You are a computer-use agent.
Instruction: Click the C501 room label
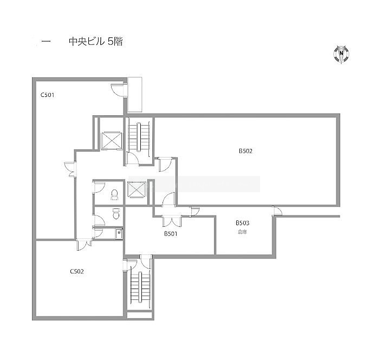pos(47,95)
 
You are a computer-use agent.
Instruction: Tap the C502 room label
pos(77,271)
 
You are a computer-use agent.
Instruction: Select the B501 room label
pos(171,234)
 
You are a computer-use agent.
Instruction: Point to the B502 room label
pos(245,151)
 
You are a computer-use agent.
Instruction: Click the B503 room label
pos(243,223)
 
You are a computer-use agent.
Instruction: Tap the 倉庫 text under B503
pos(242,232)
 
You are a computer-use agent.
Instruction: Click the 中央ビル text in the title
pos(87,42)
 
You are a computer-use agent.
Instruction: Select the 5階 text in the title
pos(115,42)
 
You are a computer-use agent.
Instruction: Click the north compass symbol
pos(341,54)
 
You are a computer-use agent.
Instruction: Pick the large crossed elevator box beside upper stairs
pos(112,140)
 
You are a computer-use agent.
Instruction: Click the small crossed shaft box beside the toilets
pos(137,189)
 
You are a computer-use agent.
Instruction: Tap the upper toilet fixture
pos(114,195)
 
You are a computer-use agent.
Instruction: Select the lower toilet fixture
pos(116,213)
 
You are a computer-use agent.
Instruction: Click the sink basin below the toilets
pos(119,234)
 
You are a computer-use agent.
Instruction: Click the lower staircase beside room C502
pos(140,287)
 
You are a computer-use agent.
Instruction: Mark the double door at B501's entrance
pos(172,221)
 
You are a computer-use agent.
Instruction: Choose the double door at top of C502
pos(84,245)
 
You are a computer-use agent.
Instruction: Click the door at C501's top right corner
pos(119,89)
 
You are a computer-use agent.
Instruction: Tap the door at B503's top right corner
pos(278,211)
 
